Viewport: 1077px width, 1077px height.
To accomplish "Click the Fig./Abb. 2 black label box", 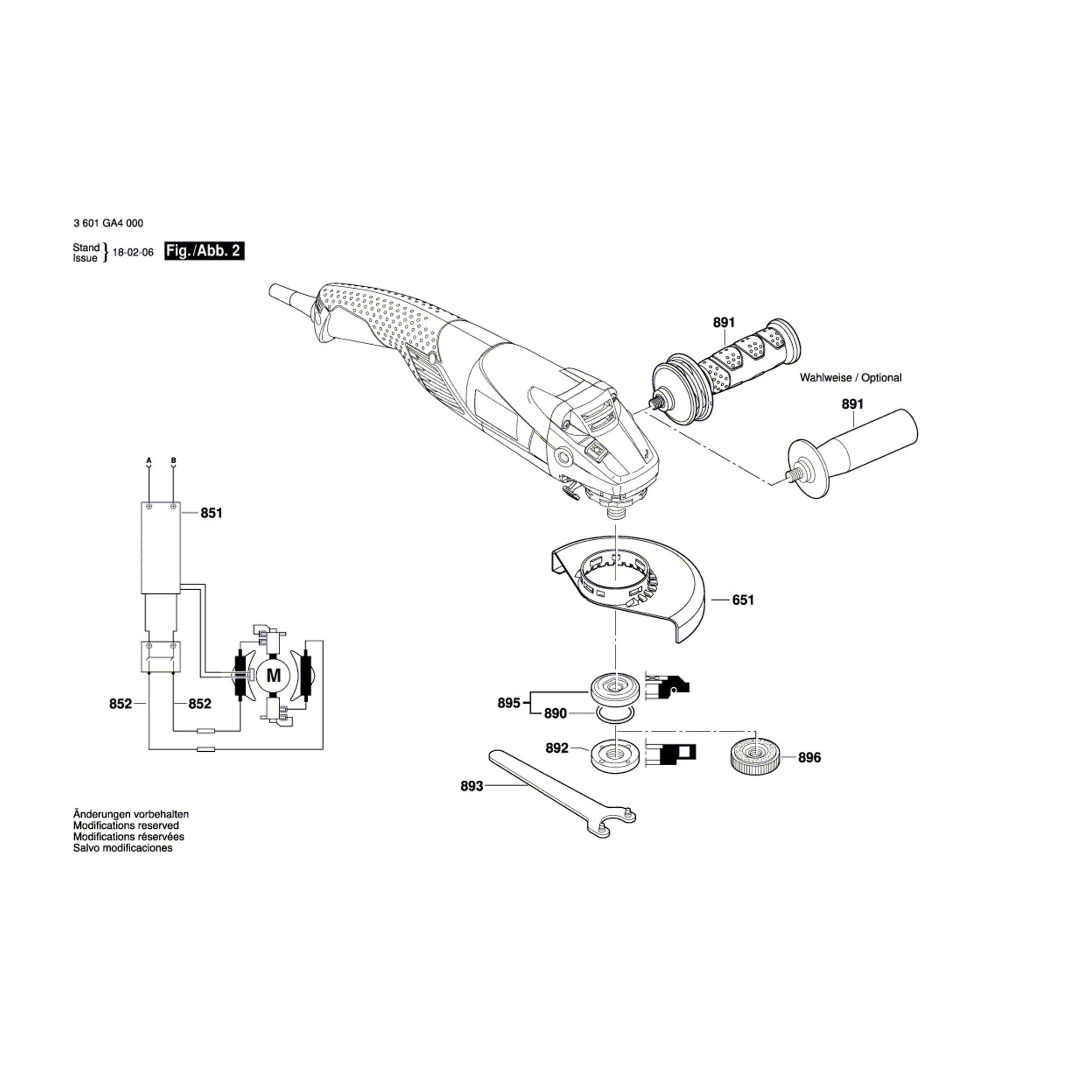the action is pyautogui.click(x=204, y=251).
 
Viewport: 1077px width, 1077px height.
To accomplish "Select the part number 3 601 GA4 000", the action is pyautogui.click(x=108, y=223).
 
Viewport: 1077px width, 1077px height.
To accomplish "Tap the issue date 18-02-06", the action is pyautogui.click(x=133, y=252).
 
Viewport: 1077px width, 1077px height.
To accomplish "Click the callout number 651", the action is pyautogui.click(x=743, y=600).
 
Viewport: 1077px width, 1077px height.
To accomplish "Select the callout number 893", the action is pyautogui.click(x=472, y=786).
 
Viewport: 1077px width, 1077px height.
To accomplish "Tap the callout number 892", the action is pyautogui.click(x=557, y=748).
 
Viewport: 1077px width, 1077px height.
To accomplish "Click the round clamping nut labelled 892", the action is pyautogui.click(x=614, y=756).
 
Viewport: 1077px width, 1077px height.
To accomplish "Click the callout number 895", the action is pyautogui.click(x=508, y=703).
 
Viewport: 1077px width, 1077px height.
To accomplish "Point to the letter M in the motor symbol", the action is pyautogui.click(x=274, y=676).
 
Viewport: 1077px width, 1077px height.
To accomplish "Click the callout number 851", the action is pyautogui.click(x=211, y=513).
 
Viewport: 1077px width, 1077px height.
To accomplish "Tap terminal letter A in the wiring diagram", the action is pyautogui.click(x=149, y=460).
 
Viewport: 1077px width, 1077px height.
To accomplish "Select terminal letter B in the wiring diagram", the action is pyautogui.click(x=173, y=460).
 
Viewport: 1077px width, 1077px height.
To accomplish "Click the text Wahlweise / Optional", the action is pyautogui.click(x=851, y=377).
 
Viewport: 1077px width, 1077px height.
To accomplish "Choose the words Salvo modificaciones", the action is pyautogui.click(x=123, y=848).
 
